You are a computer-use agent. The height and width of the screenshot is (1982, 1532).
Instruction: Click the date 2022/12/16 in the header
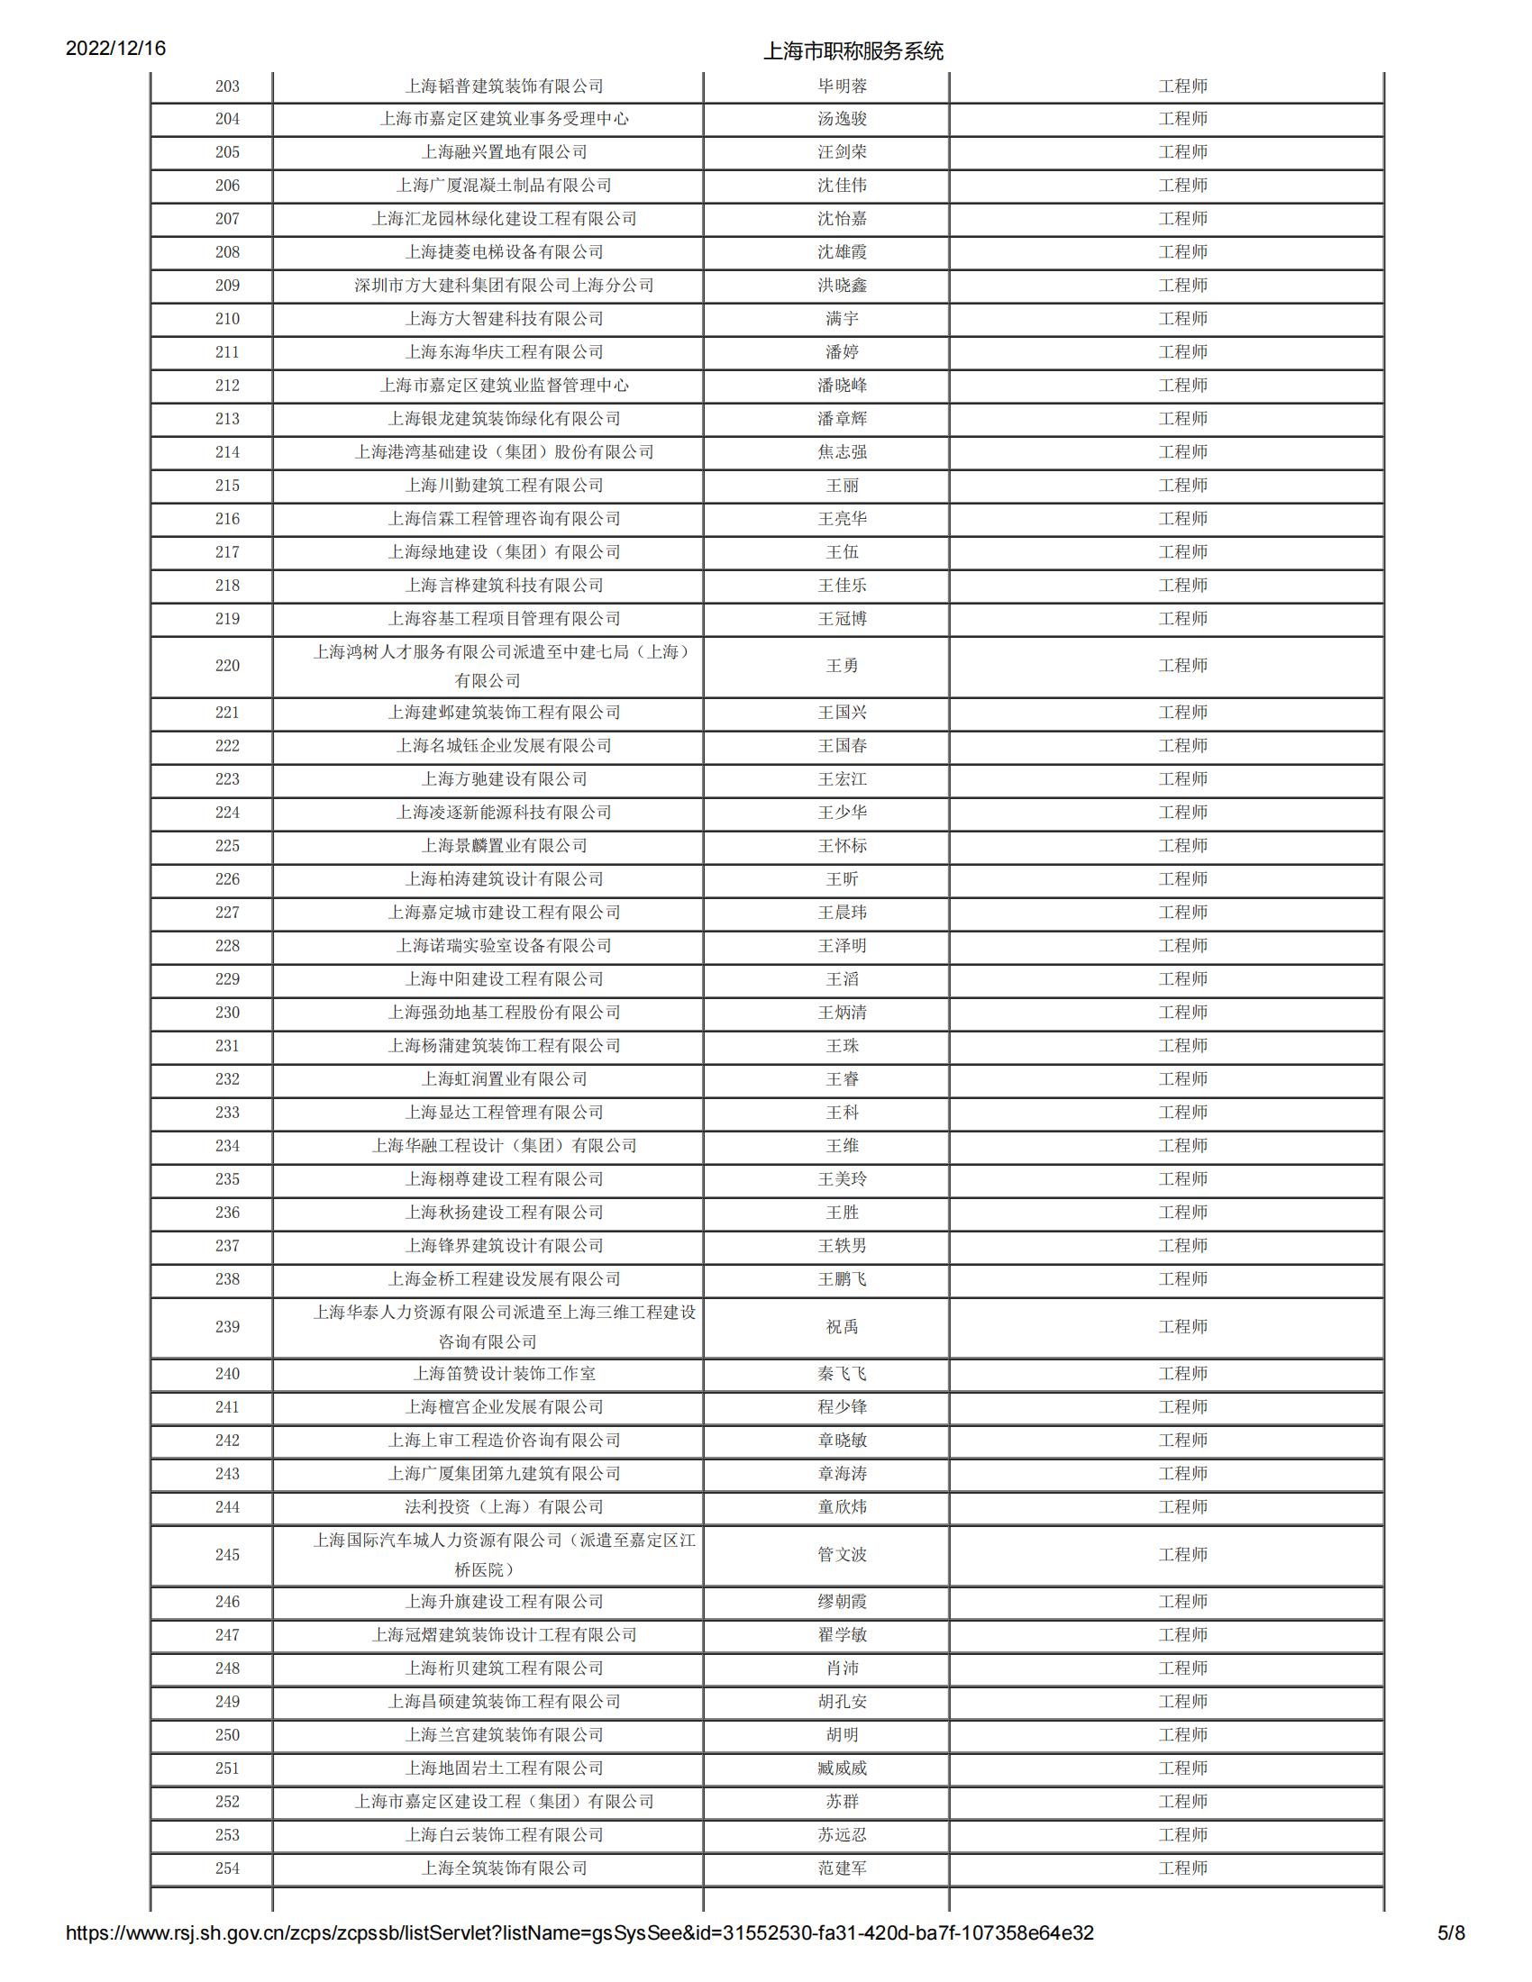click(x=115, y=48)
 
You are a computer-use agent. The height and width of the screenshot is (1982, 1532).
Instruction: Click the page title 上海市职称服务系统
click(x=853, y=50)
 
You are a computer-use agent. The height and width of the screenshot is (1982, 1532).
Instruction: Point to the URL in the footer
click(x=579, y=1958)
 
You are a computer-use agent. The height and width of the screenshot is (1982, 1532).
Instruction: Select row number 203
click(x=227, y=86)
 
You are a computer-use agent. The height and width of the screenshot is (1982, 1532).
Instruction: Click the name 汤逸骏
click(x=842, y=119)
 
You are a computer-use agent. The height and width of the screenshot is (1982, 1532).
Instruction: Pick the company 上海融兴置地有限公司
click(x=504, y=152)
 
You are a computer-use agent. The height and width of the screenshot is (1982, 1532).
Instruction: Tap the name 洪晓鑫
click(x=842, y=285)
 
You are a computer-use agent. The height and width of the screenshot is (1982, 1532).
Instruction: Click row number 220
click(x=227, y=665)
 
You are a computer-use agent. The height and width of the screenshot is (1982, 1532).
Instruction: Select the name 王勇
click(x=842, y=665)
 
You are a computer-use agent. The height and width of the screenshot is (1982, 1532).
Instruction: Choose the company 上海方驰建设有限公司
click(x=504, y=778)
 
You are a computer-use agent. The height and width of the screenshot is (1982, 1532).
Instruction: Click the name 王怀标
click(x=842, y=846)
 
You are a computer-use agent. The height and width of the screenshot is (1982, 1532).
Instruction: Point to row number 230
click(x=227, y=1012)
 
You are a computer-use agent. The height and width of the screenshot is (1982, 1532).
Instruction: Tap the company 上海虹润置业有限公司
click(x=504, y=1079)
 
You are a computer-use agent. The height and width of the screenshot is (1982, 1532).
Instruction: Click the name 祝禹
click(x=842, y=1326)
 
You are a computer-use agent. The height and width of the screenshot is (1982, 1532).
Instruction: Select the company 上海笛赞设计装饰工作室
click(x=504, y=1373)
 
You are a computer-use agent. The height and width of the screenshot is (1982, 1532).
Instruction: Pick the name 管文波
click(x=842, y=1554)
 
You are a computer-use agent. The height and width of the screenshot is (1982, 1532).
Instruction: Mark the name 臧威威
click(x=842, y=1768)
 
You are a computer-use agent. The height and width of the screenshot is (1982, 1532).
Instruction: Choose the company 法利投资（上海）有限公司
click(x=504, y=1506)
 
